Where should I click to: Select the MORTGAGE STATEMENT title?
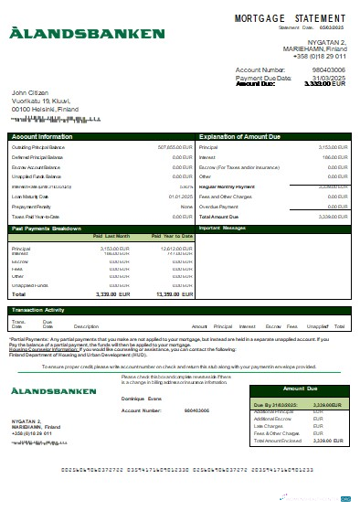pos(291,17)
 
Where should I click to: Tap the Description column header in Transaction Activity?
pos(86,326)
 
